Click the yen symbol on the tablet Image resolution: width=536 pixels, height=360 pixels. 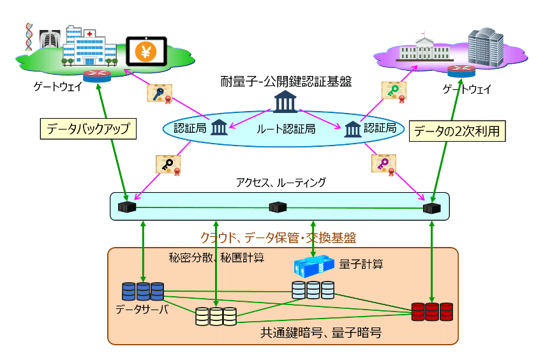point(146,52)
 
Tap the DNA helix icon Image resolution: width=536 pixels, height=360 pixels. point(29,36)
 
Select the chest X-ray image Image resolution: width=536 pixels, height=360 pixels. point(50,39)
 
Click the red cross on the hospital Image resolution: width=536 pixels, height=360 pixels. point(89,33)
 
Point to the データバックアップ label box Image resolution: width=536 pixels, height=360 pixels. point(88,129)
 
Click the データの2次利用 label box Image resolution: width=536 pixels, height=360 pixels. point(457,131)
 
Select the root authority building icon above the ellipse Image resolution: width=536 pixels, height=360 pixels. point(285,101)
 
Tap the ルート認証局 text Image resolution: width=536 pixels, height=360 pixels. point(286,129)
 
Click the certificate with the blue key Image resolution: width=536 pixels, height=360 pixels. point(160,94)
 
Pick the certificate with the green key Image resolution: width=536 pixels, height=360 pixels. point(394,92)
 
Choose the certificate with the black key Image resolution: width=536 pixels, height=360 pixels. point(168,165)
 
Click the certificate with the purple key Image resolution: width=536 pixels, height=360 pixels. point(383,164)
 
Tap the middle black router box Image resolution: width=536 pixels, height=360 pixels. point(278,207)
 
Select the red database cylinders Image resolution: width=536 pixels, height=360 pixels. point(432,311)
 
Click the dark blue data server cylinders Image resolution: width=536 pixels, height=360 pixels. point(143,291)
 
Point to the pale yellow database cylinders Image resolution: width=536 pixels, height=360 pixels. point(216,316)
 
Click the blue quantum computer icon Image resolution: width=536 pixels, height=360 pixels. point(314,266)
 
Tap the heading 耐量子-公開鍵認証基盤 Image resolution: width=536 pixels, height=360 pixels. point(286,81)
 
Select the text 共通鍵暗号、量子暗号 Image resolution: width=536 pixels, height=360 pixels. point(321,333)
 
